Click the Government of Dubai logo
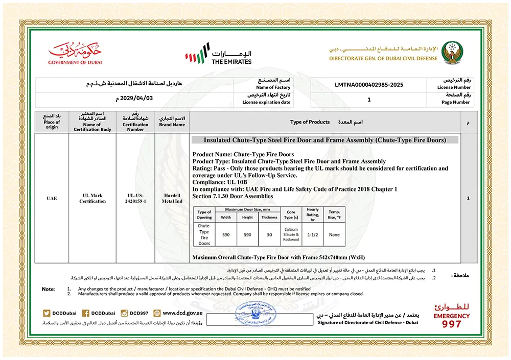coord(75,53)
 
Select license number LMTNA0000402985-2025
coord(368,84)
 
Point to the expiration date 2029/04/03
coord(134,99)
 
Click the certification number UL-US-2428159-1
coord(135,198)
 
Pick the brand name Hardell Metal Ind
coord(172,198)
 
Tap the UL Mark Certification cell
coord(92,198)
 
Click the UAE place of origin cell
coord(52,198)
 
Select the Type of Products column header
coord(310,122)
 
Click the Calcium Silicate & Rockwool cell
coord(291,234)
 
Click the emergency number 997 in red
coord(451,324)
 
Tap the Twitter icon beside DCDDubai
coord(47,313)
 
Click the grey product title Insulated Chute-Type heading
coord(324,140)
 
